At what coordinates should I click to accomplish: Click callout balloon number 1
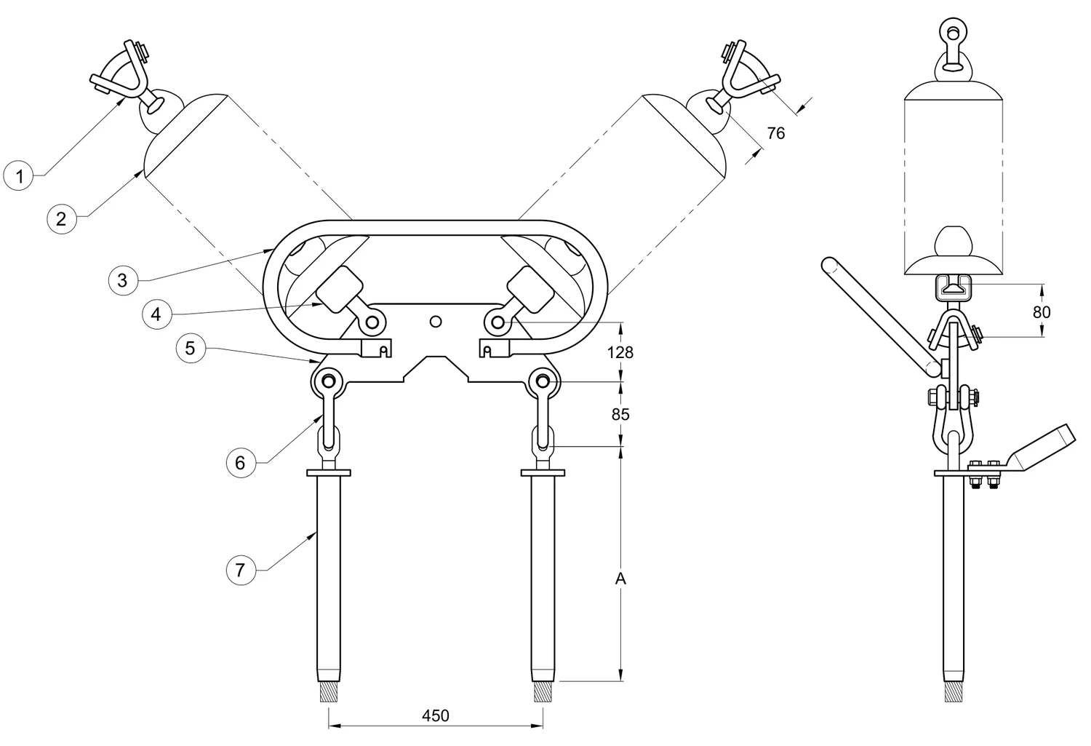click(x=19, y=175)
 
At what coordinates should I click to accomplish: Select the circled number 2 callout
click(x=61, y=219)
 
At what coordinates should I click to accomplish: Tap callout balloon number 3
click(x=123, y=280)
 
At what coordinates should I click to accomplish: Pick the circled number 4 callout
click(x=156, y=314)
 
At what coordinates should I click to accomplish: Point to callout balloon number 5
click(x=191, y=348)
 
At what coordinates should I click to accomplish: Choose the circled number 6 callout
click(x=241, y=462)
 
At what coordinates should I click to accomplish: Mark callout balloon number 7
click(x=241, y=570)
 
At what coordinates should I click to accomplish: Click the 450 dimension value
click(x=436, y=715)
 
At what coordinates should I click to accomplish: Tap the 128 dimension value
click(x=620, y=352)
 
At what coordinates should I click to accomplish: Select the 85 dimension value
click(x=620, y=414)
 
